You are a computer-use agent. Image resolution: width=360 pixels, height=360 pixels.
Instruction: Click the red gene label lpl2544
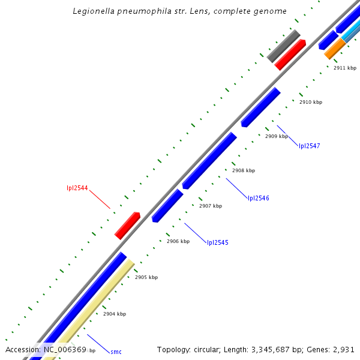[77, 188]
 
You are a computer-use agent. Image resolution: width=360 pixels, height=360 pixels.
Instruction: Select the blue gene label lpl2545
[217, 242]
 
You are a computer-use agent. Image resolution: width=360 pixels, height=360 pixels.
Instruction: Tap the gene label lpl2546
[258, 198]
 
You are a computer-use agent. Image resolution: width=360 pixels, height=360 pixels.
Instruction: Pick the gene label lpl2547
[309, 146]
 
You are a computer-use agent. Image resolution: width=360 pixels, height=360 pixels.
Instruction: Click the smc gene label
[116, 352]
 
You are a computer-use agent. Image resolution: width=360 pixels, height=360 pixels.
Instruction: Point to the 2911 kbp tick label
[345, 68]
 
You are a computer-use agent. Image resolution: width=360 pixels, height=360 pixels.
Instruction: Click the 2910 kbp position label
[310, 102]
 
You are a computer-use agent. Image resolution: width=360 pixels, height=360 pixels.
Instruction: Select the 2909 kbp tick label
[277, 136]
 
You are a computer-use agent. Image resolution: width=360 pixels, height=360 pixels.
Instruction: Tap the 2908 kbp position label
[244, 170]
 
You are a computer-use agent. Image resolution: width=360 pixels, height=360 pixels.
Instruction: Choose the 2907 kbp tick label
[211, 206]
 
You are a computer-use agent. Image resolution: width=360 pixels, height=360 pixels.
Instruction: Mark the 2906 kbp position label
[178, 241]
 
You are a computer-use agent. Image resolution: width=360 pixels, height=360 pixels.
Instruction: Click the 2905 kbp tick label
[146, 277]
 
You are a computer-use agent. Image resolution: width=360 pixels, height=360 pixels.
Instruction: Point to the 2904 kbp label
[114, 314]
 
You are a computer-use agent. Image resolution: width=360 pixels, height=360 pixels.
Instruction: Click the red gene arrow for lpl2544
[127, 226]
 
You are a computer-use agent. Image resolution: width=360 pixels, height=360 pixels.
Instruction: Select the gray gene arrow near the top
[283, 46]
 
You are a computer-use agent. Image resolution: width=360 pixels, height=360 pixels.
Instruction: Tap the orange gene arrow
[334, 49]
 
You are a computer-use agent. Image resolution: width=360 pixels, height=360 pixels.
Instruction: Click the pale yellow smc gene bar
[96, 306]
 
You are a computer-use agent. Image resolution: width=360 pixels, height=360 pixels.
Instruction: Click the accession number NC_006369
[65, 349]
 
